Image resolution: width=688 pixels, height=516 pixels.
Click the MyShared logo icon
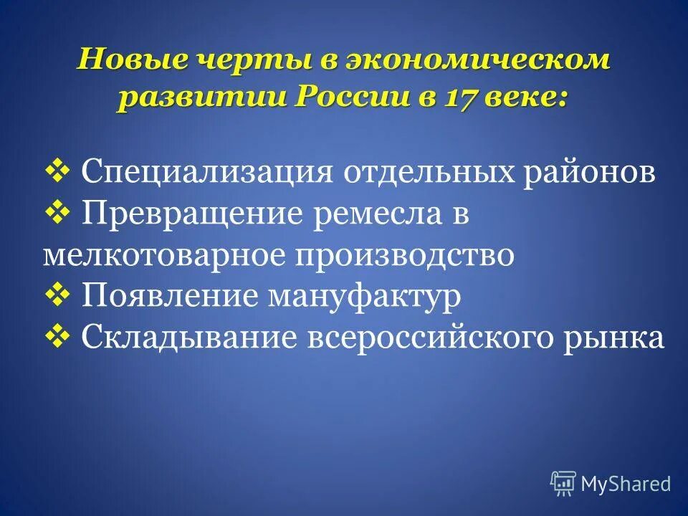[x=563, y=484]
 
